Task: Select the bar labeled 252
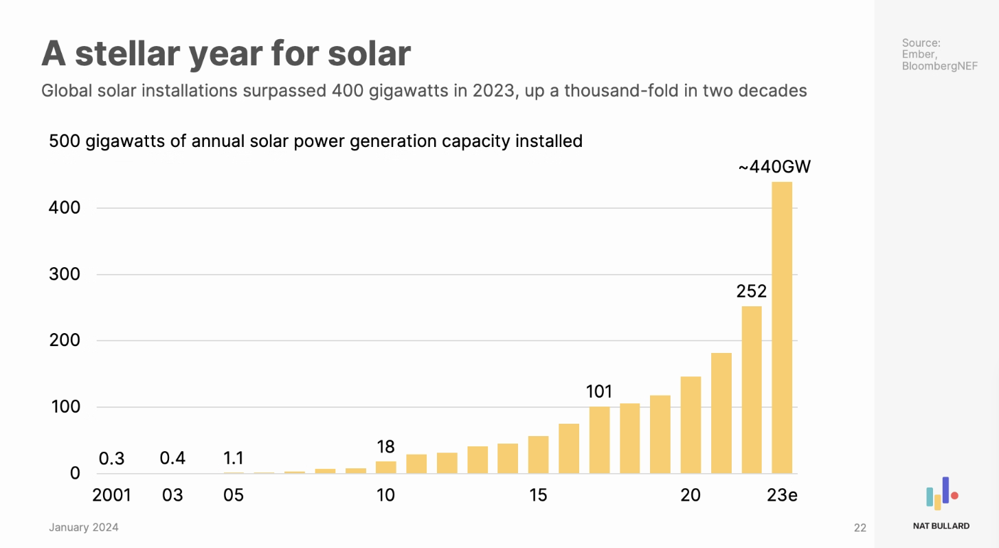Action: tap(752, 390)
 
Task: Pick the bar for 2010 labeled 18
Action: tap(386, 468)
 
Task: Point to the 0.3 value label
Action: tap(111, 458)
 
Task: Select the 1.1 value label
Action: tap(234, 458)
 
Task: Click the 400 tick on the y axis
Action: tap(65, 207)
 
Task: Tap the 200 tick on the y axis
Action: tap(65, 341)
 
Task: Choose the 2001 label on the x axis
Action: tap(111, 495)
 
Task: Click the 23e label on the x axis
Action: tap(782, 495)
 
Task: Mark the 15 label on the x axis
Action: tap(538, 495)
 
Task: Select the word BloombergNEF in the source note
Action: tap(939, 66)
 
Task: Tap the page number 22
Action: tap(860, 528)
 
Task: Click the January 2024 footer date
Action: tap(83, 527)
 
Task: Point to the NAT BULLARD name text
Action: tap(941, 526)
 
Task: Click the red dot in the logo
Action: tap(954, 495)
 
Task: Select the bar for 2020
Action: tap(691, 425)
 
